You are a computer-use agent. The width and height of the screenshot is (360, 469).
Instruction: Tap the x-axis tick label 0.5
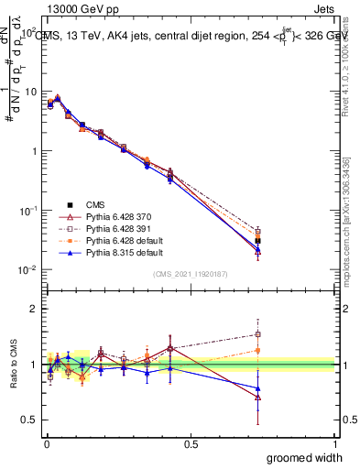click(x=191, y=443)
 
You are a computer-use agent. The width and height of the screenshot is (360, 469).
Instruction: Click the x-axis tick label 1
click(x=334, y=443)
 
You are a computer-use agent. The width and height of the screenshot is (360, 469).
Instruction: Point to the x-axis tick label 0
click(x=46, y=443)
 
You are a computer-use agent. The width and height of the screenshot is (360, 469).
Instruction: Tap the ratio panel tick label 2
click(x=37, y=309)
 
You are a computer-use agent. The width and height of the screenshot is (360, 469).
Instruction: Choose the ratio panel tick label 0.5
click(x=33, y=420)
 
